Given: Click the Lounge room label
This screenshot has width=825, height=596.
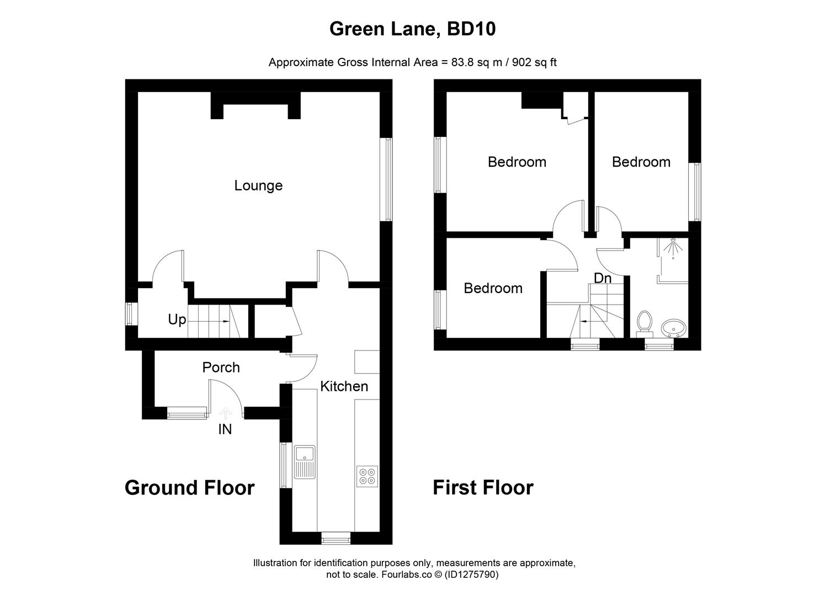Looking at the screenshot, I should pos(258,185).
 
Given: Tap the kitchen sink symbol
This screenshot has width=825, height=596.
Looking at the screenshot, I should pos(304,461).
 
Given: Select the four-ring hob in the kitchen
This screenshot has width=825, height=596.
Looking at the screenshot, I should pos(367,476).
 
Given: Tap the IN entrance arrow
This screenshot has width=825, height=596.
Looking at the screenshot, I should pos(225,412).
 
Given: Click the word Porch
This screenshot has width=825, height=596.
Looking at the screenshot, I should pos(221,368).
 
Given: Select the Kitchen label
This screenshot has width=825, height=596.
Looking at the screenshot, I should pos(344,386).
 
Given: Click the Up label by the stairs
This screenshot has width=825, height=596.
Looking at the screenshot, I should pos(177,320).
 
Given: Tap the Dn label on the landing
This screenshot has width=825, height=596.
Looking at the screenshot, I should pos(603,278).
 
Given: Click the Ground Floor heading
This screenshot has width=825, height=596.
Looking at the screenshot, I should pos(189,488).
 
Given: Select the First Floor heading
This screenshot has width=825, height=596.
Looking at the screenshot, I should pos(483,488).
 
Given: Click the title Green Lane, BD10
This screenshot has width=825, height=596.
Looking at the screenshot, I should pos(412,29).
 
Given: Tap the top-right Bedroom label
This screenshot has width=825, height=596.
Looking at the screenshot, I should pos(641,162).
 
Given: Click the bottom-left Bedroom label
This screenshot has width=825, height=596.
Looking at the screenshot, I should pos(493,288).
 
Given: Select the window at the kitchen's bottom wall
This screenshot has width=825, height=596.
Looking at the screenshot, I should pos(336,538).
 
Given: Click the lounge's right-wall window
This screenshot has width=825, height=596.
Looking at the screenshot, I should pos(387,179).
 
